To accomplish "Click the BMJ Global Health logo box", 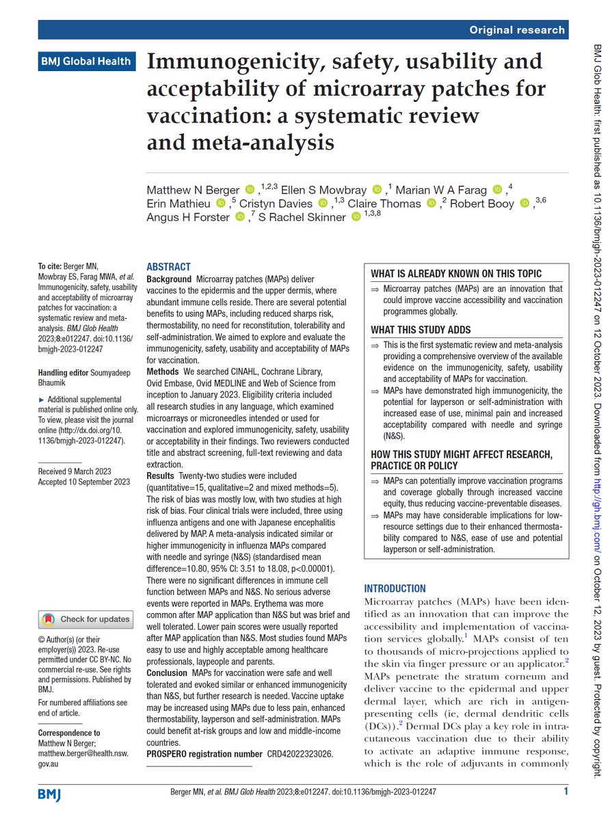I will (x=85, y=61).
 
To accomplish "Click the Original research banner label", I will (x=518, y=29).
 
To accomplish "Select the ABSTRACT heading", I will (x=170, y=268).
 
